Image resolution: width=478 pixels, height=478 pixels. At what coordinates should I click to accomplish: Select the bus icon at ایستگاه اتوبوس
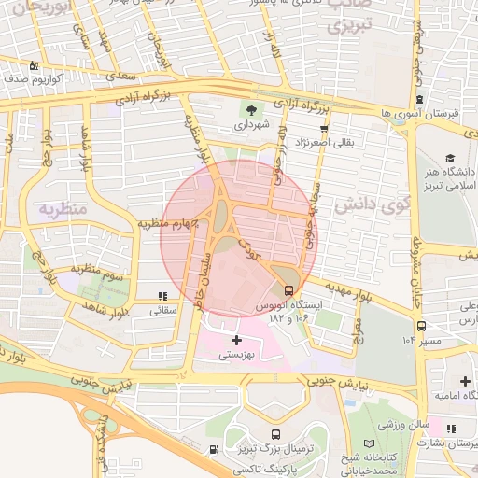point(288,289)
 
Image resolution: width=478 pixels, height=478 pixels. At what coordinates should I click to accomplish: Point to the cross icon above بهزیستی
point(236,340)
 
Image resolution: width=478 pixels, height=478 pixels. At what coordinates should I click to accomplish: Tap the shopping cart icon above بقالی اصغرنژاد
point(324,127)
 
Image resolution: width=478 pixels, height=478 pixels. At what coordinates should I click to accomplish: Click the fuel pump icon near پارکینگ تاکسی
point(216,450)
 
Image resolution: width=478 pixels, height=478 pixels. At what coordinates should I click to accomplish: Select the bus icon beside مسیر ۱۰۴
point(422,326)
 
